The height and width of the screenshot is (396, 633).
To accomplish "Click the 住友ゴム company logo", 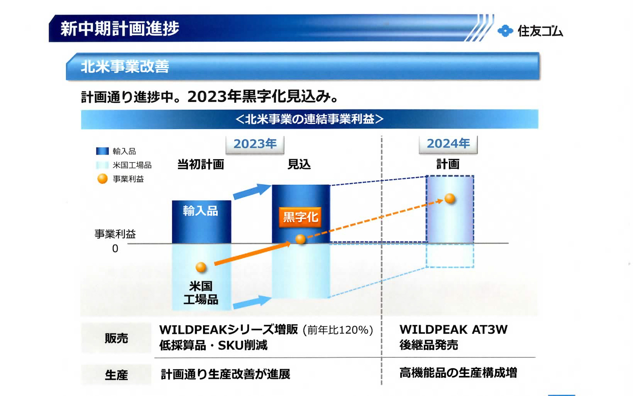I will pos(530,31).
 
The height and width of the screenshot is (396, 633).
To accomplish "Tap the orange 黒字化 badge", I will pos(300,217).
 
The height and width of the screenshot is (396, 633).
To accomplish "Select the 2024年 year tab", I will pos(448,144).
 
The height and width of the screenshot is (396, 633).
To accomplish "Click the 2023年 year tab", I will pos(255,144).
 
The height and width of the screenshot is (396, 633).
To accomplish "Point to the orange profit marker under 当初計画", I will pos(201,267).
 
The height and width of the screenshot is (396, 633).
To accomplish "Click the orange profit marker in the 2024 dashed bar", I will pos(450,198).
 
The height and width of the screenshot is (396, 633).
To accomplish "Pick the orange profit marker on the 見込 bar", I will pos(300,239).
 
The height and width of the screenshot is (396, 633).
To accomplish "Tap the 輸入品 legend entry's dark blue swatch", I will pos(102,151).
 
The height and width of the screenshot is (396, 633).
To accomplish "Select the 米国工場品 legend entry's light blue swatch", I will pos(102,165).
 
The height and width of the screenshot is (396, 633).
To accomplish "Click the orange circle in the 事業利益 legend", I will pos(103,179).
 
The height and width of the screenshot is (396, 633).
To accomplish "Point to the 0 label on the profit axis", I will pos(115,248).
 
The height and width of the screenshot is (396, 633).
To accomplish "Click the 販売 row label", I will pos(116,338).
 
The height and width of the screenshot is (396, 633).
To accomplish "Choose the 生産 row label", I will pos(116,375).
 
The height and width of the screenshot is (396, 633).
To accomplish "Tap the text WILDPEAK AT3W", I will pos(453,330).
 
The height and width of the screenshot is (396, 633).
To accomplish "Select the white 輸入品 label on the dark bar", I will pos(201,211).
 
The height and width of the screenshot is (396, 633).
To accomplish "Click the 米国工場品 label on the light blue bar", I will pos(201,293).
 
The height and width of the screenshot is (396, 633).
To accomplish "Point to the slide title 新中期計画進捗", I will pos(120,28).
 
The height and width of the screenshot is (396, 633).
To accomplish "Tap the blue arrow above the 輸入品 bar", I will pos(252,191).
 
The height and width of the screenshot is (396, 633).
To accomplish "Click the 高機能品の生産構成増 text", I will pos(458,373).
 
